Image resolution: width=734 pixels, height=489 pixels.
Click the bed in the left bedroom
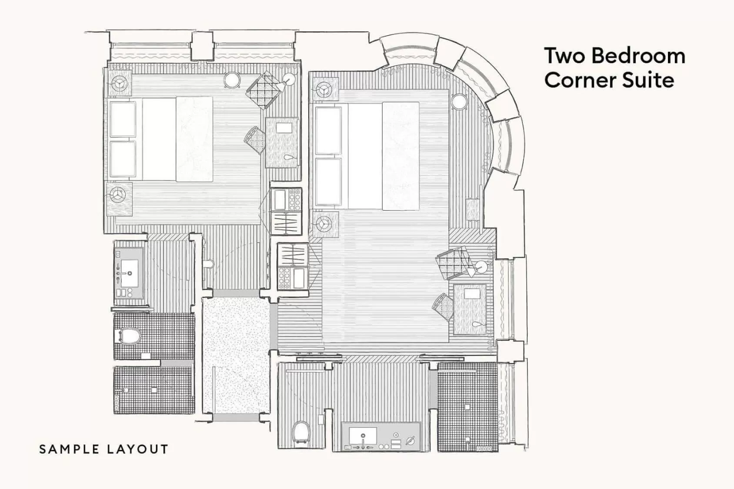[161, 139]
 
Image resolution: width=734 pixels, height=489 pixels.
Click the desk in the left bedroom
[283, 143]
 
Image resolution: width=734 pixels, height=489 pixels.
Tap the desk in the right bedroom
[470, 309]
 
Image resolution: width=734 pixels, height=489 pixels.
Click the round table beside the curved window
[459, 103]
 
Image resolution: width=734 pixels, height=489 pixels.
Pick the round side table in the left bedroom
[233, 80]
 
